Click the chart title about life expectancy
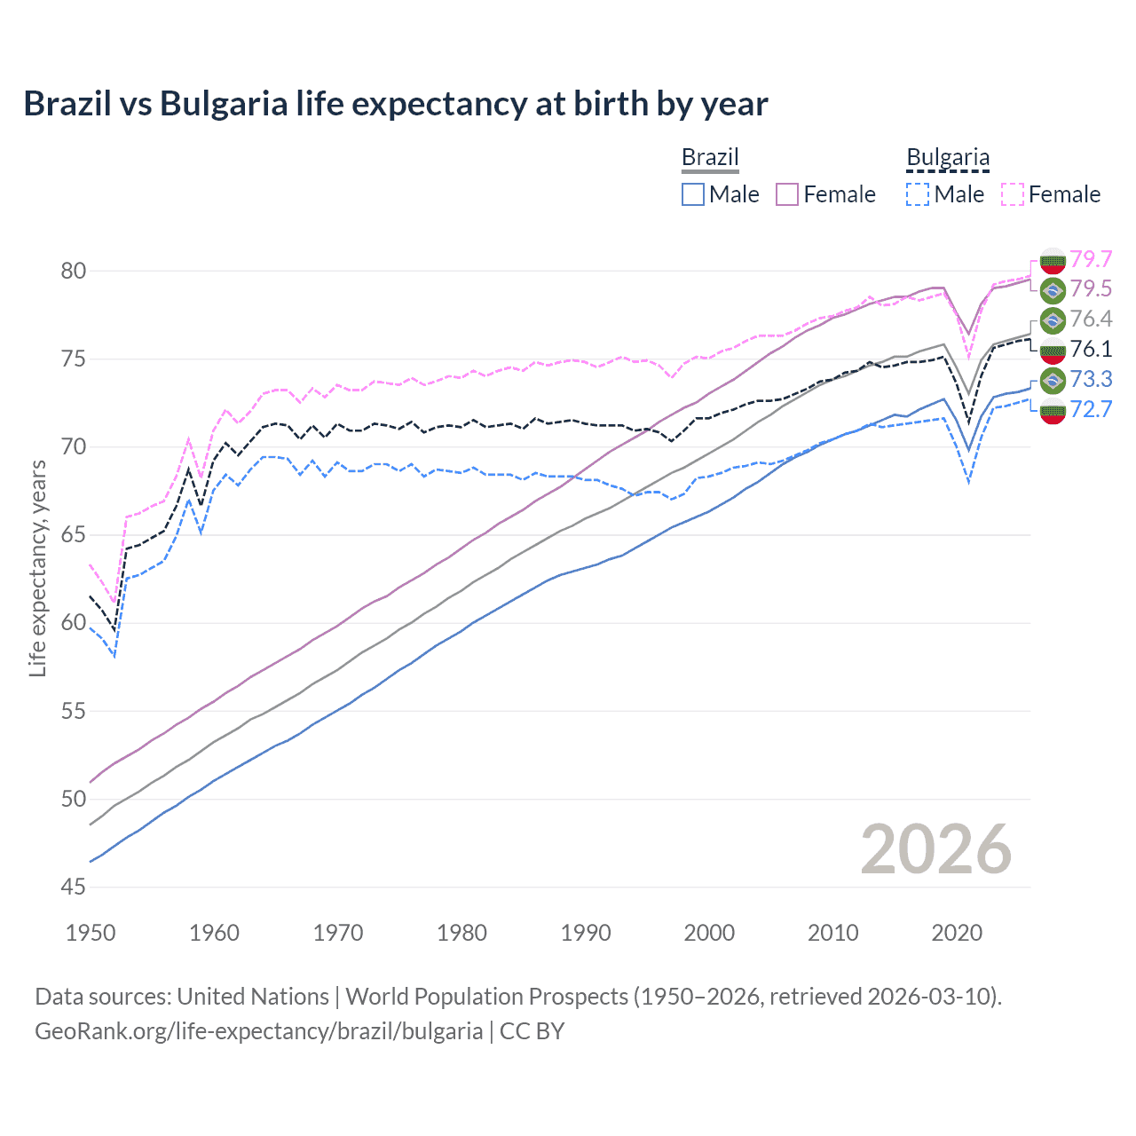pyautogui.click(x=395, y=104)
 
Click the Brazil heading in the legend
pyautogui.click(x=709, y=157)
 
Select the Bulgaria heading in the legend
pyautogui.click(x=947, y=157)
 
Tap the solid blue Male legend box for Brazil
pyautogui.click(x=693, y=194)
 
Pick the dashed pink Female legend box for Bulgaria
pyautogui.click(x=1013, y=194)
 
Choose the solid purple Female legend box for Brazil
pyautogui.click(x=787, y=194)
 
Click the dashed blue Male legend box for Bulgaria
pyautogui.click(x=919, y=194)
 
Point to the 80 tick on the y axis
pyautogui.click(x=74, y=271)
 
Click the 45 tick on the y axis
pyautogui.click(x=74, y=887)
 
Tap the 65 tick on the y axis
pyautogui.click(x=74, y=535)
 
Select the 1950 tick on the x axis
pyautogui.click(x=91, y=933)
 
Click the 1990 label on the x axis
pyautogui.click(x=586, y=933)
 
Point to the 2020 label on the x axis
pyautogui.click(x=957, y=933)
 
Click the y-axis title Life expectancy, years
pyautogui.click(x=38, y=568)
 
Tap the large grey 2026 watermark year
pyautogui.click(x=935, y=850)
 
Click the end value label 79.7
pyautogui.click(x=1091, y=259)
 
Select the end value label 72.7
pyautogui.click(x=1091, y=409)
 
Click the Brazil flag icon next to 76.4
pyautogui.click(x=1053, y=319)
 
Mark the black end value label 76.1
pyautogui.click(x=1091, y=349)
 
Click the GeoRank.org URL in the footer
pyautogui.click(x=258, y=1031)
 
